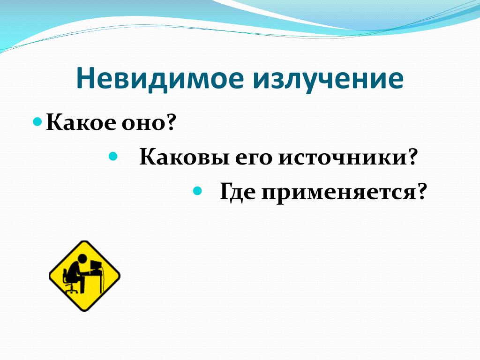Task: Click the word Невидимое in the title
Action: click(160, 78)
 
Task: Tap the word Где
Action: click(238, 192)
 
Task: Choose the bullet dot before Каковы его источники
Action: click(113, 156)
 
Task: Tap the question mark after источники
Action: click(411, 157)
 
